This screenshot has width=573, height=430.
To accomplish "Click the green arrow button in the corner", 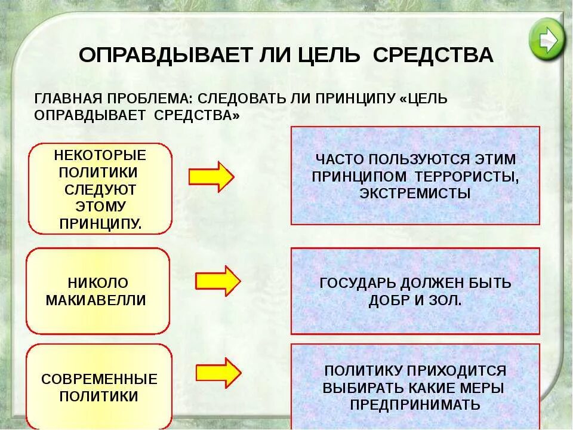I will tap(546, 39).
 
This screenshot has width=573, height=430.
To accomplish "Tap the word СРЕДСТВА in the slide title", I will tap(433, 55).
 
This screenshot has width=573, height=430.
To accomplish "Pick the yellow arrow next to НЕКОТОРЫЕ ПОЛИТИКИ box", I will tap(211, 176).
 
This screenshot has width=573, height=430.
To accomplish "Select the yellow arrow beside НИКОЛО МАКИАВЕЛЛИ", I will tap(218, 281).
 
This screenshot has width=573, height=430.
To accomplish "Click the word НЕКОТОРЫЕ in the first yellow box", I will tap(100, 155).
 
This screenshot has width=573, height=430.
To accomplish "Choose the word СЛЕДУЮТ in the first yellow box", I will tap(100, 190).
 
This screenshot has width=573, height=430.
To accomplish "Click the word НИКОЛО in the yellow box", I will tap(98, 282).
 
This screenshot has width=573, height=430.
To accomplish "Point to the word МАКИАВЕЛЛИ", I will tap(96, 300).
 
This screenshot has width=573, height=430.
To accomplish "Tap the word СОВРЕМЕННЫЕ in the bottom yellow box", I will tap(99, 379).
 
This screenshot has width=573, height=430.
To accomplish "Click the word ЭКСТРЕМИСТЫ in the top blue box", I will tap(415, 193).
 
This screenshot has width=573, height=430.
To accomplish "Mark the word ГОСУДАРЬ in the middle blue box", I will tap(360, 282).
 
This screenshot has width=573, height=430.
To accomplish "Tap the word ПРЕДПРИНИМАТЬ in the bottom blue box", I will tap(415, 404).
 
